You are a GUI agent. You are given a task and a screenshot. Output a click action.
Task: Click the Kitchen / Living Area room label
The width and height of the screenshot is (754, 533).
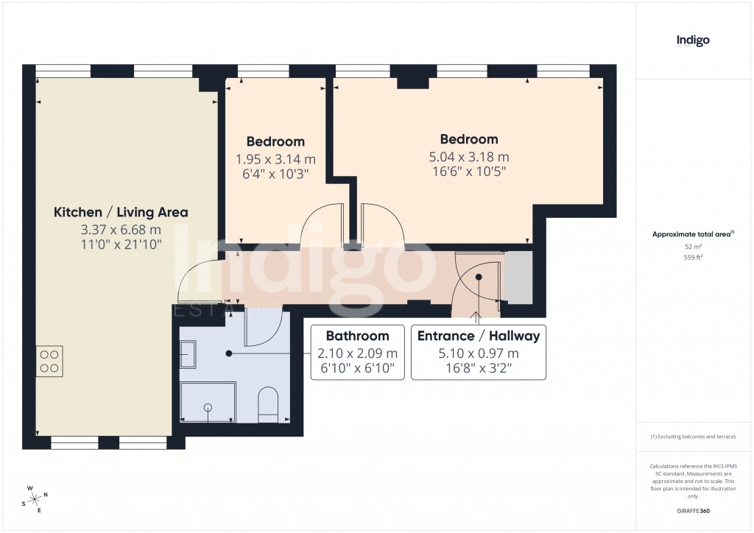(x=121, y=212)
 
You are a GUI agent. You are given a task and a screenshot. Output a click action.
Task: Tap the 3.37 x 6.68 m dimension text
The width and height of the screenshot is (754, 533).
(x=121, y=229)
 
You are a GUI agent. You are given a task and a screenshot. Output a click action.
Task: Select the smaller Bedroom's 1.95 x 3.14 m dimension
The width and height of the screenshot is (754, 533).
(x=275, y=158)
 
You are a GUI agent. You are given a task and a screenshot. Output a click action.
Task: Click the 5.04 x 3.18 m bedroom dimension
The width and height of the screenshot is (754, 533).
(x=469, y=156)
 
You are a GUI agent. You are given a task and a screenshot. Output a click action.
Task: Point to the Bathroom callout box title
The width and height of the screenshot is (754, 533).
(x=357, y=336)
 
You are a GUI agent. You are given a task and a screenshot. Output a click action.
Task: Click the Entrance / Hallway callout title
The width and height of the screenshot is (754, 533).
(x=479, y=336)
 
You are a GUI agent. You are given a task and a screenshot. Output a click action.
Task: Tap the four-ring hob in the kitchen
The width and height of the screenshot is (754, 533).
(x=49, y=361)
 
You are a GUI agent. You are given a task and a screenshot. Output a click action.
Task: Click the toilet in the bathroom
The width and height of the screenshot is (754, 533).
(x=268, y=406)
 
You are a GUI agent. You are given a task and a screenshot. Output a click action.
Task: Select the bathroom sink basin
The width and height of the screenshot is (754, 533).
(x=187, y=355)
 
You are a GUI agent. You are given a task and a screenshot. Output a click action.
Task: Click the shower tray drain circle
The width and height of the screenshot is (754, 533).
(x=208, y=406)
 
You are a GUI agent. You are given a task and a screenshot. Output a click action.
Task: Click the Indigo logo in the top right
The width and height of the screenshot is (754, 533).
(x=693, y=41)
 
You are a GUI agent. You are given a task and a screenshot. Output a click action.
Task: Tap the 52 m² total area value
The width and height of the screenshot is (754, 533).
(x=693, y=246)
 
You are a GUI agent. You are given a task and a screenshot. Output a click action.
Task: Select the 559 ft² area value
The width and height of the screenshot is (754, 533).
(x=693, y=257)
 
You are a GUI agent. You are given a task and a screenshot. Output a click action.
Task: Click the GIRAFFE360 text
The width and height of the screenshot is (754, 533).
(x=693, y=511)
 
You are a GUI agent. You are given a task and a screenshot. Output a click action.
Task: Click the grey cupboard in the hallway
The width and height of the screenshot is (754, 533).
(x=517, y=277)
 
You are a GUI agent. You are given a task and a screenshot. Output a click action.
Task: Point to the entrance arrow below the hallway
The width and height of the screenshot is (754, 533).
(x=479, y=316)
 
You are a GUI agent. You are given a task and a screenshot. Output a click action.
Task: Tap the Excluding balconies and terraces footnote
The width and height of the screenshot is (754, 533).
(x=693, y=437)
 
